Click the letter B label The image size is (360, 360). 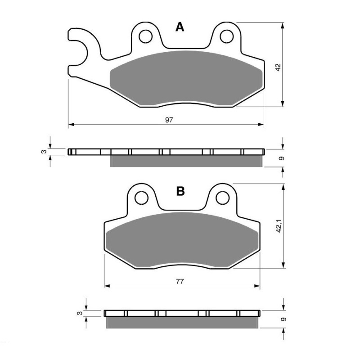point(180,191)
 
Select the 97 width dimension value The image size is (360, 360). point(169,120)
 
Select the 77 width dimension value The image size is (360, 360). point(180,282)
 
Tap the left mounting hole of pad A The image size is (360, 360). point(145,36)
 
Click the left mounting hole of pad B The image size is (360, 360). point(141,198)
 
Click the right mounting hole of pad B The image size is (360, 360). point(222,197)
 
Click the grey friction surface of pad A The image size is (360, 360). point(184,79)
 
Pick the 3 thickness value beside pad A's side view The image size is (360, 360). point(44,152)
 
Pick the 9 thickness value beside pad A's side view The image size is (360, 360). point(281,158)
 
